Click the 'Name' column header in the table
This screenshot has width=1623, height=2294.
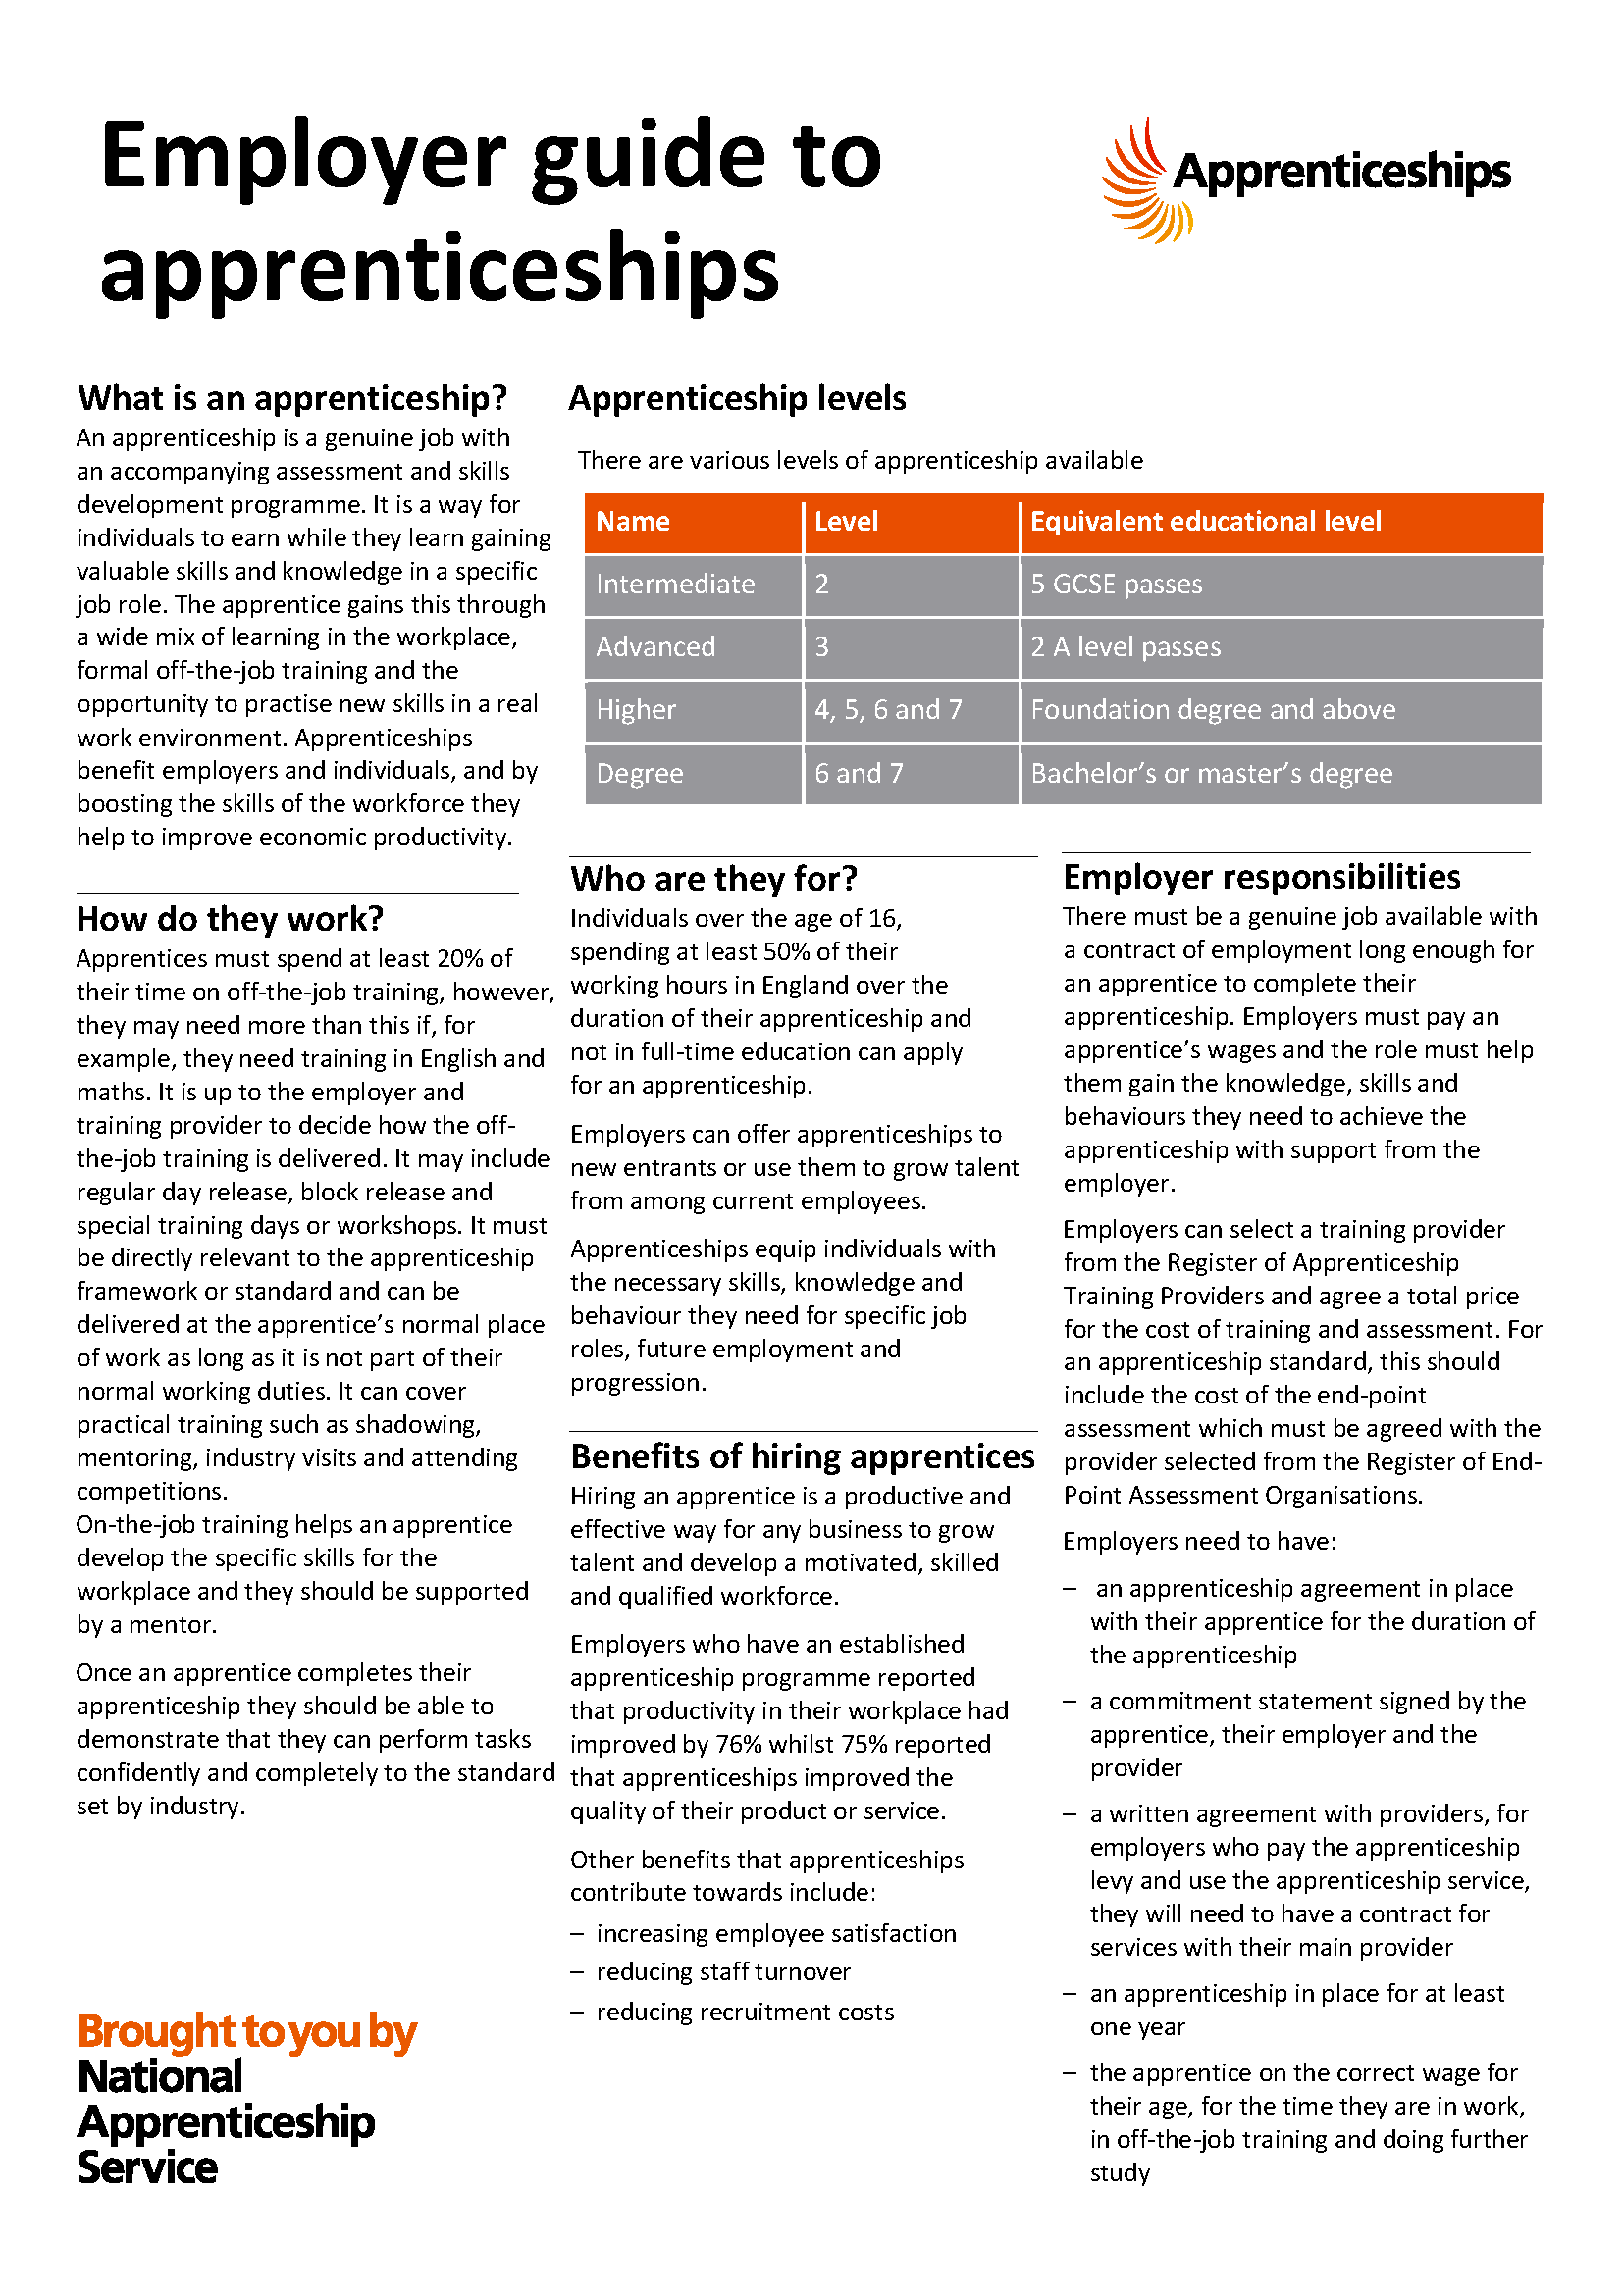coord(633,522)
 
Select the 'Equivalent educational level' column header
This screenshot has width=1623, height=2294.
coord(1205,522)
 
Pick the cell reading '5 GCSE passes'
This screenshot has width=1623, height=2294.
coord(1117,585)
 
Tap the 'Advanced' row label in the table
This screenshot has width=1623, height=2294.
coord(655,647)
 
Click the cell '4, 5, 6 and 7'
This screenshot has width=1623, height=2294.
coord(887,710)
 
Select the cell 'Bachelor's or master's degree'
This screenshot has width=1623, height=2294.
coord(1211,773)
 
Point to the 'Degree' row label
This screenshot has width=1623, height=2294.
coord(640,773)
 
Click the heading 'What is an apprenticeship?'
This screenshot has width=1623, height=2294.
coord(292,398)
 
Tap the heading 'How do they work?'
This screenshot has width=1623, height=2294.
coord(230,919)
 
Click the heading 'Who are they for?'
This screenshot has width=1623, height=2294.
coord(713,879)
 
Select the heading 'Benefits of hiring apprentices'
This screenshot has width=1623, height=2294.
coord(803,1457)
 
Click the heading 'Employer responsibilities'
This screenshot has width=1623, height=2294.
coord(1261,877)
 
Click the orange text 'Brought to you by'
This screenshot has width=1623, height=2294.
coord(247,2032)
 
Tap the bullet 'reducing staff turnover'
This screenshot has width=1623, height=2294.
coord(722,1972)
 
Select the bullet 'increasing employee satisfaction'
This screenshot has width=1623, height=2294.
coord(775,1933)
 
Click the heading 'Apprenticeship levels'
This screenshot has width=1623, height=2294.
coord(737,398)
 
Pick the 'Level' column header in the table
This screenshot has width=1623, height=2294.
coord(846,522)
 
